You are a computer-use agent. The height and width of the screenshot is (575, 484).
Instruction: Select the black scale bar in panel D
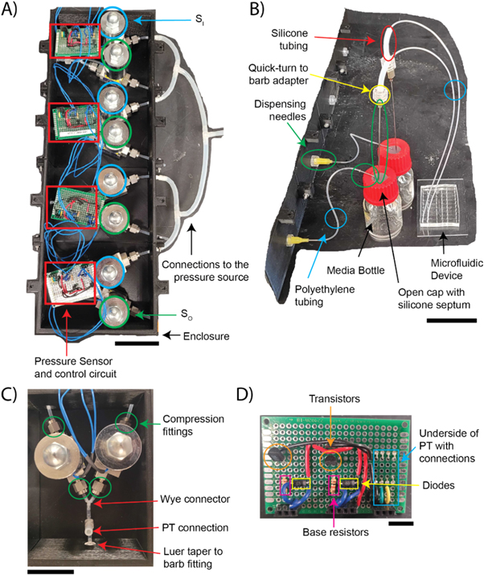coord(403,523)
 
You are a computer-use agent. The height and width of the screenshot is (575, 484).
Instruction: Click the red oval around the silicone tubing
coord(388,43)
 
